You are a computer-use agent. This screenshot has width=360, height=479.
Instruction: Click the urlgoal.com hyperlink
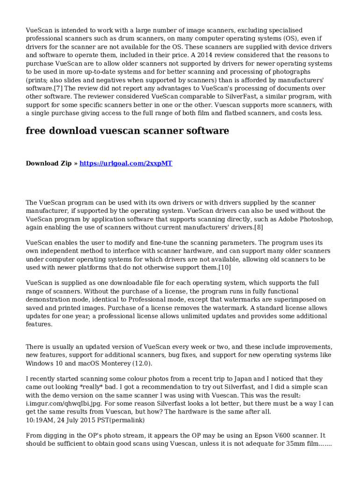tap(126, 163)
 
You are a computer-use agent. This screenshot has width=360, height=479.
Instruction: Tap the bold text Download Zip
tap(49, 163)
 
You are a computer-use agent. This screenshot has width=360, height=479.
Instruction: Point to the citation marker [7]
tap(59, 88)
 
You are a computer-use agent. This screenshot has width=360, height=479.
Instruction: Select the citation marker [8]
tap(259, 227)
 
